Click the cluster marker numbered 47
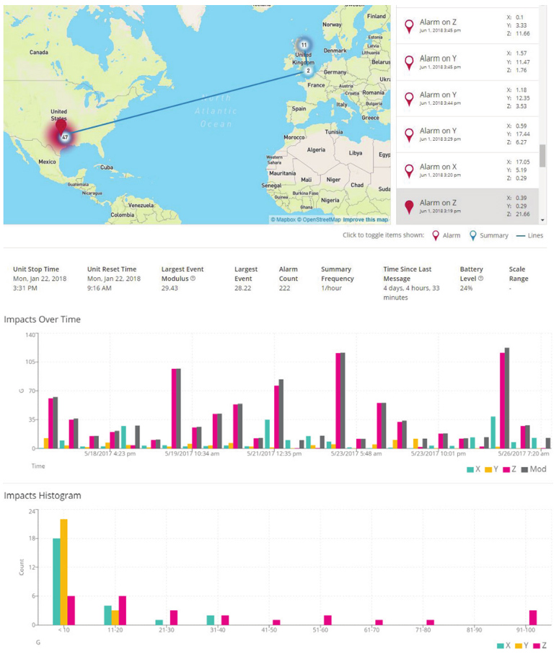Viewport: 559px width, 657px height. [65, 136]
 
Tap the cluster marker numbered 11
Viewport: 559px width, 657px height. [304, 45]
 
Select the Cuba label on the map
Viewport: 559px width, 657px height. [107, 167]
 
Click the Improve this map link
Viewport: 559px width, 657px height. [365, 219]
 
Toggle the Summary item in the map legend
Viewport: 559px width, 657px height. [489, 235]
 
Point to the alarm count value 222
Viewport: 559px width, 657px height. [287, 287]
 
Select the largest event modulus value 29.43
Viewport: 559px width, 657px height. [170, 287]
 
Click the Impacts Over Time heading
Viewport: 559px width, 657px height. [43, 319]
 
